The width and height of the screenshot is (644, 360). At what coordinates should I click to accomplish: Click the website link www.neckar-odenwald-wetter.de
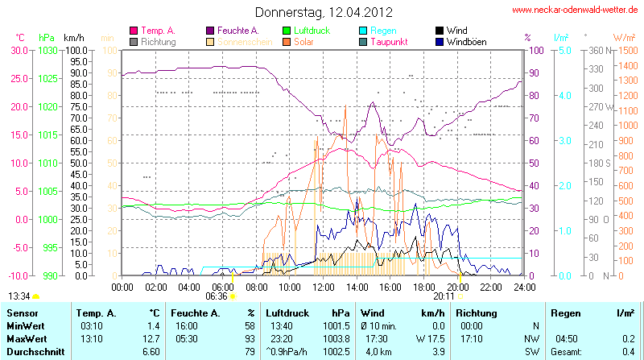click(575, 10)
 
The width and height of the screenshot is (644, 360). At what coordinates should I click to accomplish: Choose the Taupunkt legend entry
click(390, 41)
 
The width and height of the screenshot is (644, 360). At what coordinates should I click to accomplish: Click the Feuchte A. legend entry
click(239, 30)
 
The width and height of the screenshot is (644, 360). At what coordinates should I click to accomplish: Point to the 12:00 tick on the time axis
click(323, 286)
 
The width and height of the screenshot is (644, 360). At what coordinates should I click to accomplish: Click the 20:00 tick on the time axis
click(457, 286)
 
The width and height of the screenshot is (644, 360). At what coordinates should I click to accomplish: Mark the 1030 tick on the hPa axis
click(47, 50)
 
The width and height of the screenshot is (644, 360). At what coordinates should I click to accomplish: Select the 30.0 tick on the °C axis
click(19, 50)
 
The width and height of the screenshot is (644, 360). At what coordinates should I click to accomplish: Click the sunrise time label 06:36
click(217, 296)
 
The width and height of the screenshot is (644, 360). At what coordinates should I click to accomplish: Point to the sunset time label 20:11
click(444, 296)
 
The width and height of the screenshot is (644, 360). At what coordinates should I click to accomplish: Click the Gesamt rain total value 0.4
click(629, 352)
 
